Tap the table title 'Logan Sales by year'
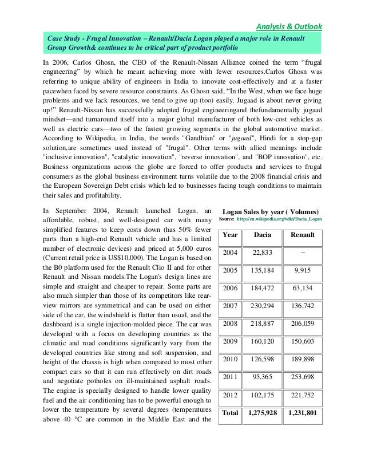(271, 210)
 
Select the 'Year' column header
(230, 235)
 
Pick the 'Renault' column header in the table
(303, 235)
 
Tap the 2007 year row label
(230, 307)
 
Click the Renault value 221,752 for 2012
(303, 395)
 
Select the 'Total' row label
(230, 412)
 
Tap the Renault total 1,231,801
(303, 412)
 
